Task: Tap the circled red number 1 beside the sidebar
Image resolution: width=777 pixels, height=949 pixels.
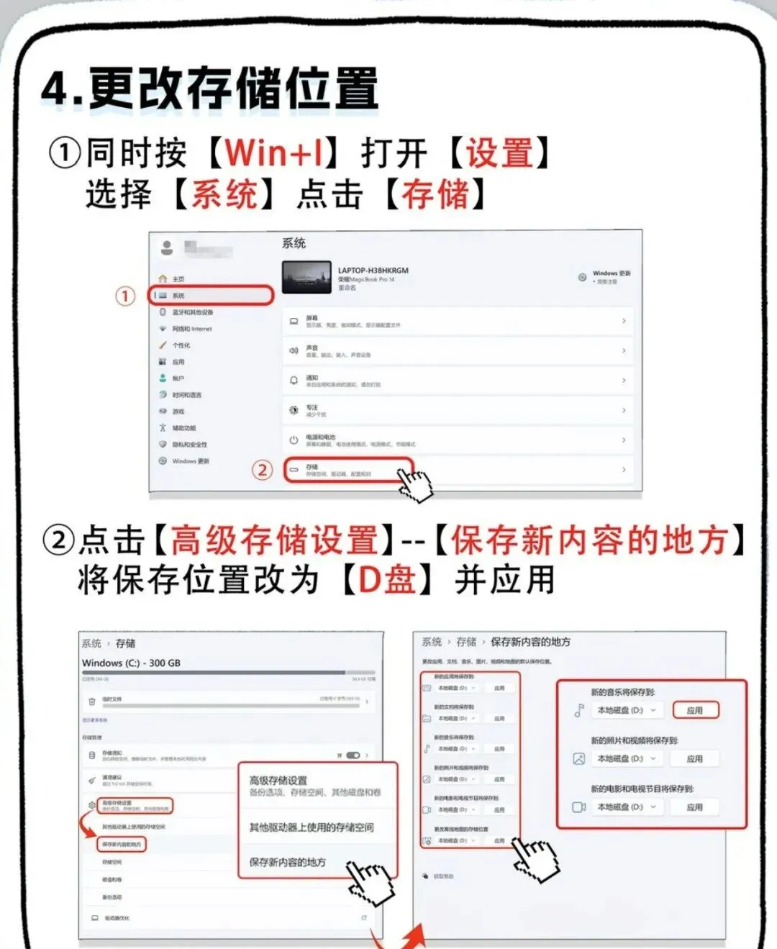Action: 125,296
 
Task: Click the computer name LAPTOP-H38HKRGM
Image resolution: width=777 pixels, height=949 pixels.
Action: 373,271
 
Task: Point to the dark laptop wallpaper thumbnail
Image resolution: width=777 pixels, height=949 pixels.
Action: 306,278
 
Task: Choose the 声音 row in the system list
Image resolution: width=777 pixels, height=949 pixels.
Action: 458,350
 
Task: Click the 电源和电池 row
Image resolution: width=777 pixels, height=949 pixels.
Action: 458,440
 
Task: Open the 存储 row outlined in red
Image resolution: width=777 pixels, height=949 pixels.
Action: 349,470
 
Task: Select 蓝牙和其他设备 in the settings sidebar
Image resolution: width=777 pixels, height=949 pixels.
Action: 192,312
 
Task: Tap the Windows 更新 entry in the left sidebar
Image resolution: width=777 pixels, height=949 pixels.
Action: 190,461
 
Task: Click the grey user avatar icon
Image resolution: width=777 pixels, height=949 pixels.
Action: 167,248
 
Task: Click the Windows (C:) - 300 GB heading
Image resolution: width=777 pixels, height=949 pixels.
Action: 131,663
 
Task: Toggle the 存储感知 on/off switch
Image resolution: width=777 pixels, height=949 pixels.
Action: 353,755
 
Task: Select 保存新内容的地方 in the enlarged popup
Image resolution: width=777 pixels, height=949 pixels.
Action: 288,862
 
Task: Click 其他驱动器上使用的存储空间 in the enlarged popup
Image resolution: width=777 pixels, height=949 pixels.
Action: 312,827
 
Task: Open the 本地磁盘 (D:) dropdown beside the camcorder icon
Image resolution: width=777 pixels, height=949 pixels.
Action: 627,807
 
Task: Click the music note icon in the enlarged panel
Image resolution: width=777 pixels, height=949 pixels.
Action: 578,711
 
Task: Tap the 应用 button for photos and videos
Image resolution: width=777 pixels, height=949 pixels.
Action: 694,758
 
